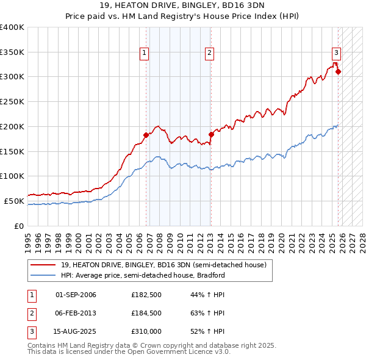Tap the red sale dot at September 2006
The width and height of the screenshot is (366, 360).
pyautogui.click(x=146, y=135)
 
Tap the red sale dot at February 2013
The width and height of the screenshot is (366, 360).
pyautogui.click(x=211, y=134)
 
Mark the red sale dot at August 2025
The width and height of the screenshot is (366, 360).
pyautogui.click(x=338, y=71)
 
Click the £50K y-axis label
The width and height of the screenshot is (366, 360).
pyautogui.click(x=14, y=201)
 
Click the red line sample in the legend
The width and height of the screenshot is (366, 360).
pyautogui.click(x=44, y=265)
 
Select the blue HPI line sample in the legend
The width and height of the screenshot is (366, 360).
pyautogui.click(x=44, y=275)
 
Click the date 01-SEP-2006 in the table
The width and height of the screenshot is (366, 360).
pyautogui.click(x=76, y=295)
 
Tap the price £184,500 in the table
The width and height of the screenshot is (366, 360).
pyautogui.click(x=147, y=313)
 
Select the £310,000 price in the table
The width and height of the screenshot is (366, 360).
pyautogui.click(x=147, y=331)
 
